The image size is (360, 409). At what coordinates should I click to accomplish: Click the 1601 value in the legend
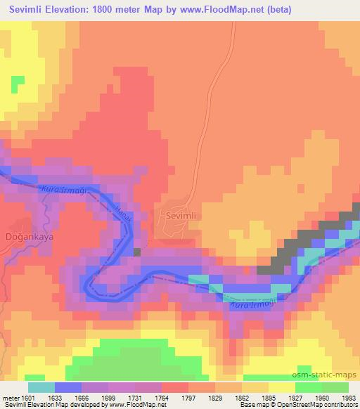pyautogui.click(x=28, y=398)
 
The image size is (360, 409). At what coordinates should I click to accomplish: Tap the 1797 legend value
pyautogui.click(x=187, y=398)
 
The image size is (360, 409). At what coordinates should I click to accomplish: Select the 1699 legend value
pyautogui.click(x=108, y=398)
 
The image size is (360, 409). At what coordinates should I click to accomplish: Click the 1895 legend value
pyautogui.click(x=266, y=398)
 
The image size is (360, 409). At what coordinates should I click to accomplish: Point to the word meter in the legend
pyautogui.click(x=8, y=398)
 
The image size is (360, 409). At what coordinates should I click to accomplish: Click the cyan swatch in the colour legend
pyautogui.click(x=41, y=387)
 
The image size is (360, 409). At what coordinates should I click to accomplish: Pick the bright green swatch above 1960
pyautogui.click(x=309, y=387)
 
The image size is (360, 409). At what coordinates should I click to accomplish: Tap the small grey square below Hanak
pyautogui.click(x=136, y=251)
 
